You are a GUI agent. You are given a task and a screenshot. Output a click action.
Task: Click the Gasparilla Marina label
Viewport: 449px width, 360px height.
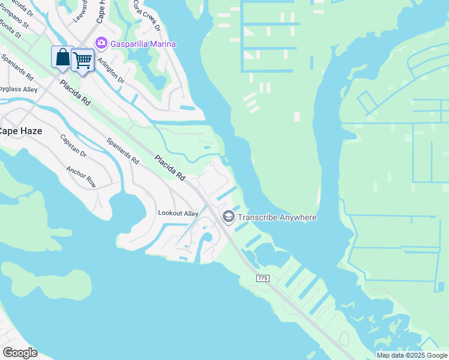(x=142, y=44)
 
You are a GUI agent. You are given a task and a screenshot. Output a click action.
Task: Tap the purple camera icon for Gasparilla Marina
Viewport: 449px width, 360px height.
(x=101, y=43)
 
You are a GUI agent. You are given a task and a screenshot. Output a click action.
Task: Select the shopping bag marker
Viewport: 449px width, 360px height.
(x=62, y=58)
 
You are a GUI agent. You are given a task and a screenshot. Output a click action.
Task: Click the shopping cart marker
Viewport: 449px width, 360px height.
(x=82, y=59)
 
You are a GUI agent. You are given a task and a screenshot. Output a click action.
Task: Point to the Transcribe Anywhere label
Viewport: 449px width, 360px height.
(x=277, y=217)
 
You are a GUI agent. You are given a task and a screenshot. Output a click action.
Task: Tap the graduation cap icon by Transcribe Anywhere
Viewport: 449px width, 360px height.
(x=229, y=217)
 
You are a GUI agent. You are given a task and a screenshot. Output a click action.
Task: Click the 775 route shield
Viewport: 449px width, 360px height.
(x=262, y=278)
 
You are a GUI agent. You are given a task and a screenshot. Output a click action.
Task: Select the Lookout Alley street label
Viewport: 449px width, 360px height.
(x=178, y=213)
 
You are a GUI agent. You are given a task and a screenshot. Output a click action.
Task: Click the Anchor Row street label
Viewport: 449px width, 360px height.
(x=81, y=177)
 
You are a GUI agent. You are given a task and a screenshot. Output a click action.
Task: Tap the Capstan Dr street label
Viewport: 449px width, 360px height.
(x=73, y=146)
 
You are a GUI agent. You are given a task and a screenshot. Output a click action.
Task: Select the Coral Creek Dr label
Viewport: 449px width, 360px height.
(x=147, y=18)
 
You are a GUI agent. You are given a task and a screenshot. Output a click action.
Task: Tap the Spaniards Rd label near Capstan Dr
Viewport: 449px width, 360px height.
(x=122, y=152)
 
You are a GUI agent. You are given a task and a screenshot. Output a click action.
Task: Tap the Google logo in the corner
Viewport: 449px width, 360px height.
(x=20, y=352)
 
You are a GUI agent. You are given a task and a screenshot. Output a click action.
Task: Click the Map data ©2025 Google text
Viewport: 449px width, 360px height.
(x=412, y=355)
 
